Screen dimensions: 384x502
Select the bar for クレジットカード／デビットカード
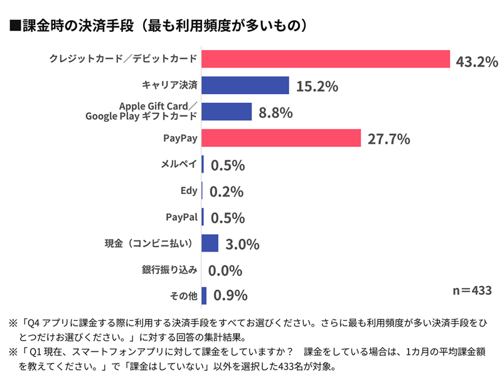tap(326, 59)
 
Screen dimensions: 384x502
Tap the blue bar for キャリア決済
tap(245, 85)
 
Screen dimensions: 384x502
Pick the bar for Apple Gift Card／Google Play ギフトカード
tap(227, 112)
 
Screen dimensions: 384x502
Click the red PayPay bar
tap(281, 138)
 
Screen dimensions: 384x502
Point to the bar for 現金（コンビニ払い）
tap(210, 243)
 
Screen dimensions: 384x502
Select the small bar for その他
tap(204, 296)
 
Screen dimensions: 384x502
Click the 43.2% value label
tap(477, 61)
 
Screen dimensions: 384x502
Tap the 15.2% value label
tap(317, 87)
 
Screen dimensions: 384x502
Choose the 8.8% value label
tap(277, 113)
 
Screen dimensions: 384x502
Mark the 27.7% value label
tap(389, 139)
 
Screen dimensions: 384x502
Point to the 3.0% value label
tap(242, 244)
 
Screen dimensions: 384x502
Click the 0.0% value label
tap(225, 270)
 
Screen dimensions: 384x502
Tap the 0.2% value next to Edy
tap(227, 192)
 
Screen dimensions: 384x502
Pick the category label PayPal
tap(181, 217)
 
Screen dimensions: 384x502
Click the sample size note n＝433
tap(472, 291)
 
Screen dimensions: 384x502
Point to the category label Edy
tap(189, 191)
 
